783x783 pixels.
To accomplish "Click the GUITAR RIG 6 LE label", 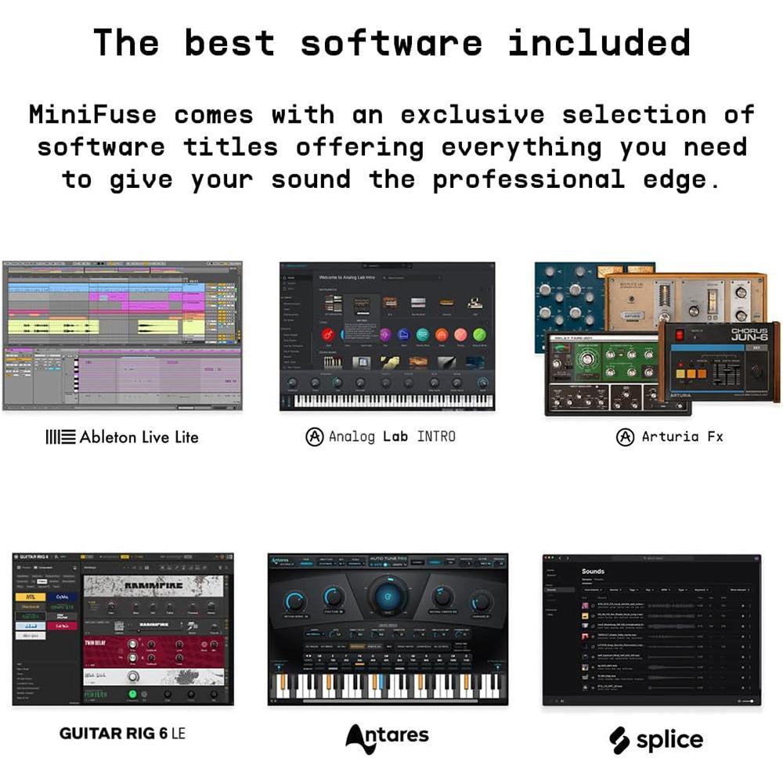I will [x=123, y=734].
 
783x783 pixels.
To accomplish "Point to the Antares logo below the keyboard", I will [x=388, y=735].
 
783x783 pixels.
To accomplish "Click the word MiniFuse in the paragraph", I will [x=92, y=114].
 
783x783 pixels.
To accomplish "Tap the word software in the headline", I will [x=391, y=42].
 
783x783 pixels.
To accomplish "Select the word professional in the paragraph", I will [x=529, y=179].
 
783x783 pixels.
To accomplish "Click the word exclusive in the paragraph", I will [x=472, y=114].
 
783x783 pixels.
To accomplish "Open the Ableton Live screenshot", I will [x=122, y=335].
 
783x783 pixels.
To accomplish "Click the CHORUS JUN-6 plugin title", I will [x=738, y=336].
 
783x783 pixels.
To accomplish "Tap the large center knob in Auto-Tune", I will [x=388, y=597].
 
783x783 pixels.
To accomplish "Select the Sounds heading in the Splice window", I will [x=593, y=572].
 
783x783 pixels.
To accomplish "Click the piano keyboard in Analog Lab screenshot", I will [x=388, y=400].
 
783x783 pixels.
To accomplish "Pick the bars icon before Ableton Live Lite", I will [x=60, y=437].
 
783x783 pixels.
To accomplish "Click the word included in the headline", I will [x=599, y=42].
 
